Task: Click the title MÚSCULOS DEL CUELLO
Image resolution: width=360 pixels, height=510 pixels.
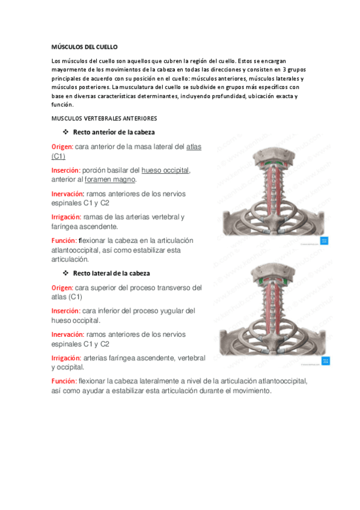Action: click(x=85, y=46)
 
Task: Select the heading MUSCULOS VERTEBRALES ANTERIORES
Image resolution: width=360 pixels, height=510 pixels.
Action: click(x=104, y=118)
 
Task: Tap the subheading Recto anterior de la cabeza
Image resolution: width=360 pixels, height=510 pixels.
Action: click(x=115, y=132)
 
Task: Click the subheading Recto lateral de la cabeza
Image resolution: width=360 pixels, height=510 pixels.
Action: click(x=111, y=273)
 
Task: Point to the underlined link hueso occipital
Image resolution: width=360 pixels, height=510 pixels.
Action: click(x=165, y=170)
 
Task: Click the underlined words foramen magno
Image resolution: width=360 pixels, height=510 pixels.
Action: click(x=111, y=179)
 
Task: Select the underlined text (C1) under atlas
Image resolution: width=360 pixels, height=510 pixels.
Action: click(x=58, y=156)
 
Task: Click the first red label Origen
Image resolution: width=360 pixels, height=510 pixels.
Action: click(x=62, y=147)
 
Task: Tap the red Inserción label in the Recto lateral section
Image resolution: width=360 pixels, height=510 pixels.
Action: click(x=66, y=311)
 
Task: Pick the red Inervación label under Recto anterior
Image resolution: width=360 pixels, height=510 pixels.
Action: click(x=67, y=194)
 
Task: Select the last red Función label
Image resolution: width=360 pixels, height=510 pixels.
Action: click(x=64, y=381)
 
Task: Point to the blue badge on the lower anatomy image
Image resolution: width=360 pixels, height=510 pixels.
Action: click(x=325, y=361)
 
